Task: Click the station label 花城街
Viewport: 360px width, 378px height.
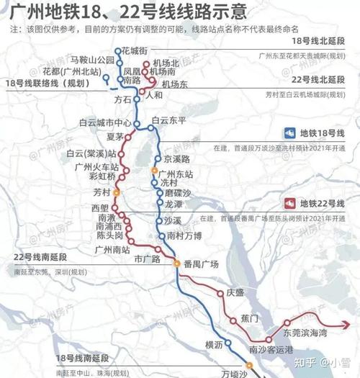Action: [x=135, y=50]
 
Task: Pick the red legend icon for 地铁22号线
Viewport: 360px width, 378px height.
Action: [x=289, y=203]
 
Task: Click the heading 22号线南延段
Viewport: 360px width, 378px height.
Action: [x=43, y=257]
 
